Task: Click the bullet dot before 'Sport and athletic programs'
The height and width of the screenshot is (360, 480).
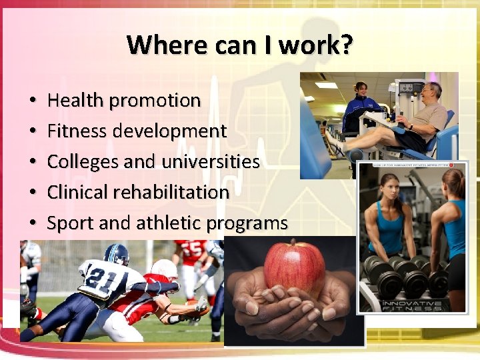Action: [33, 224]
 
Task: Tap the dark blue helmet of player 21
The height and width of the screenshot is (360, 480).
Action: [116, 254]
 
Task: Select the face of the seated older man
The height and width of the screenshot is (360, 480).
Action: [433, 91]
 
